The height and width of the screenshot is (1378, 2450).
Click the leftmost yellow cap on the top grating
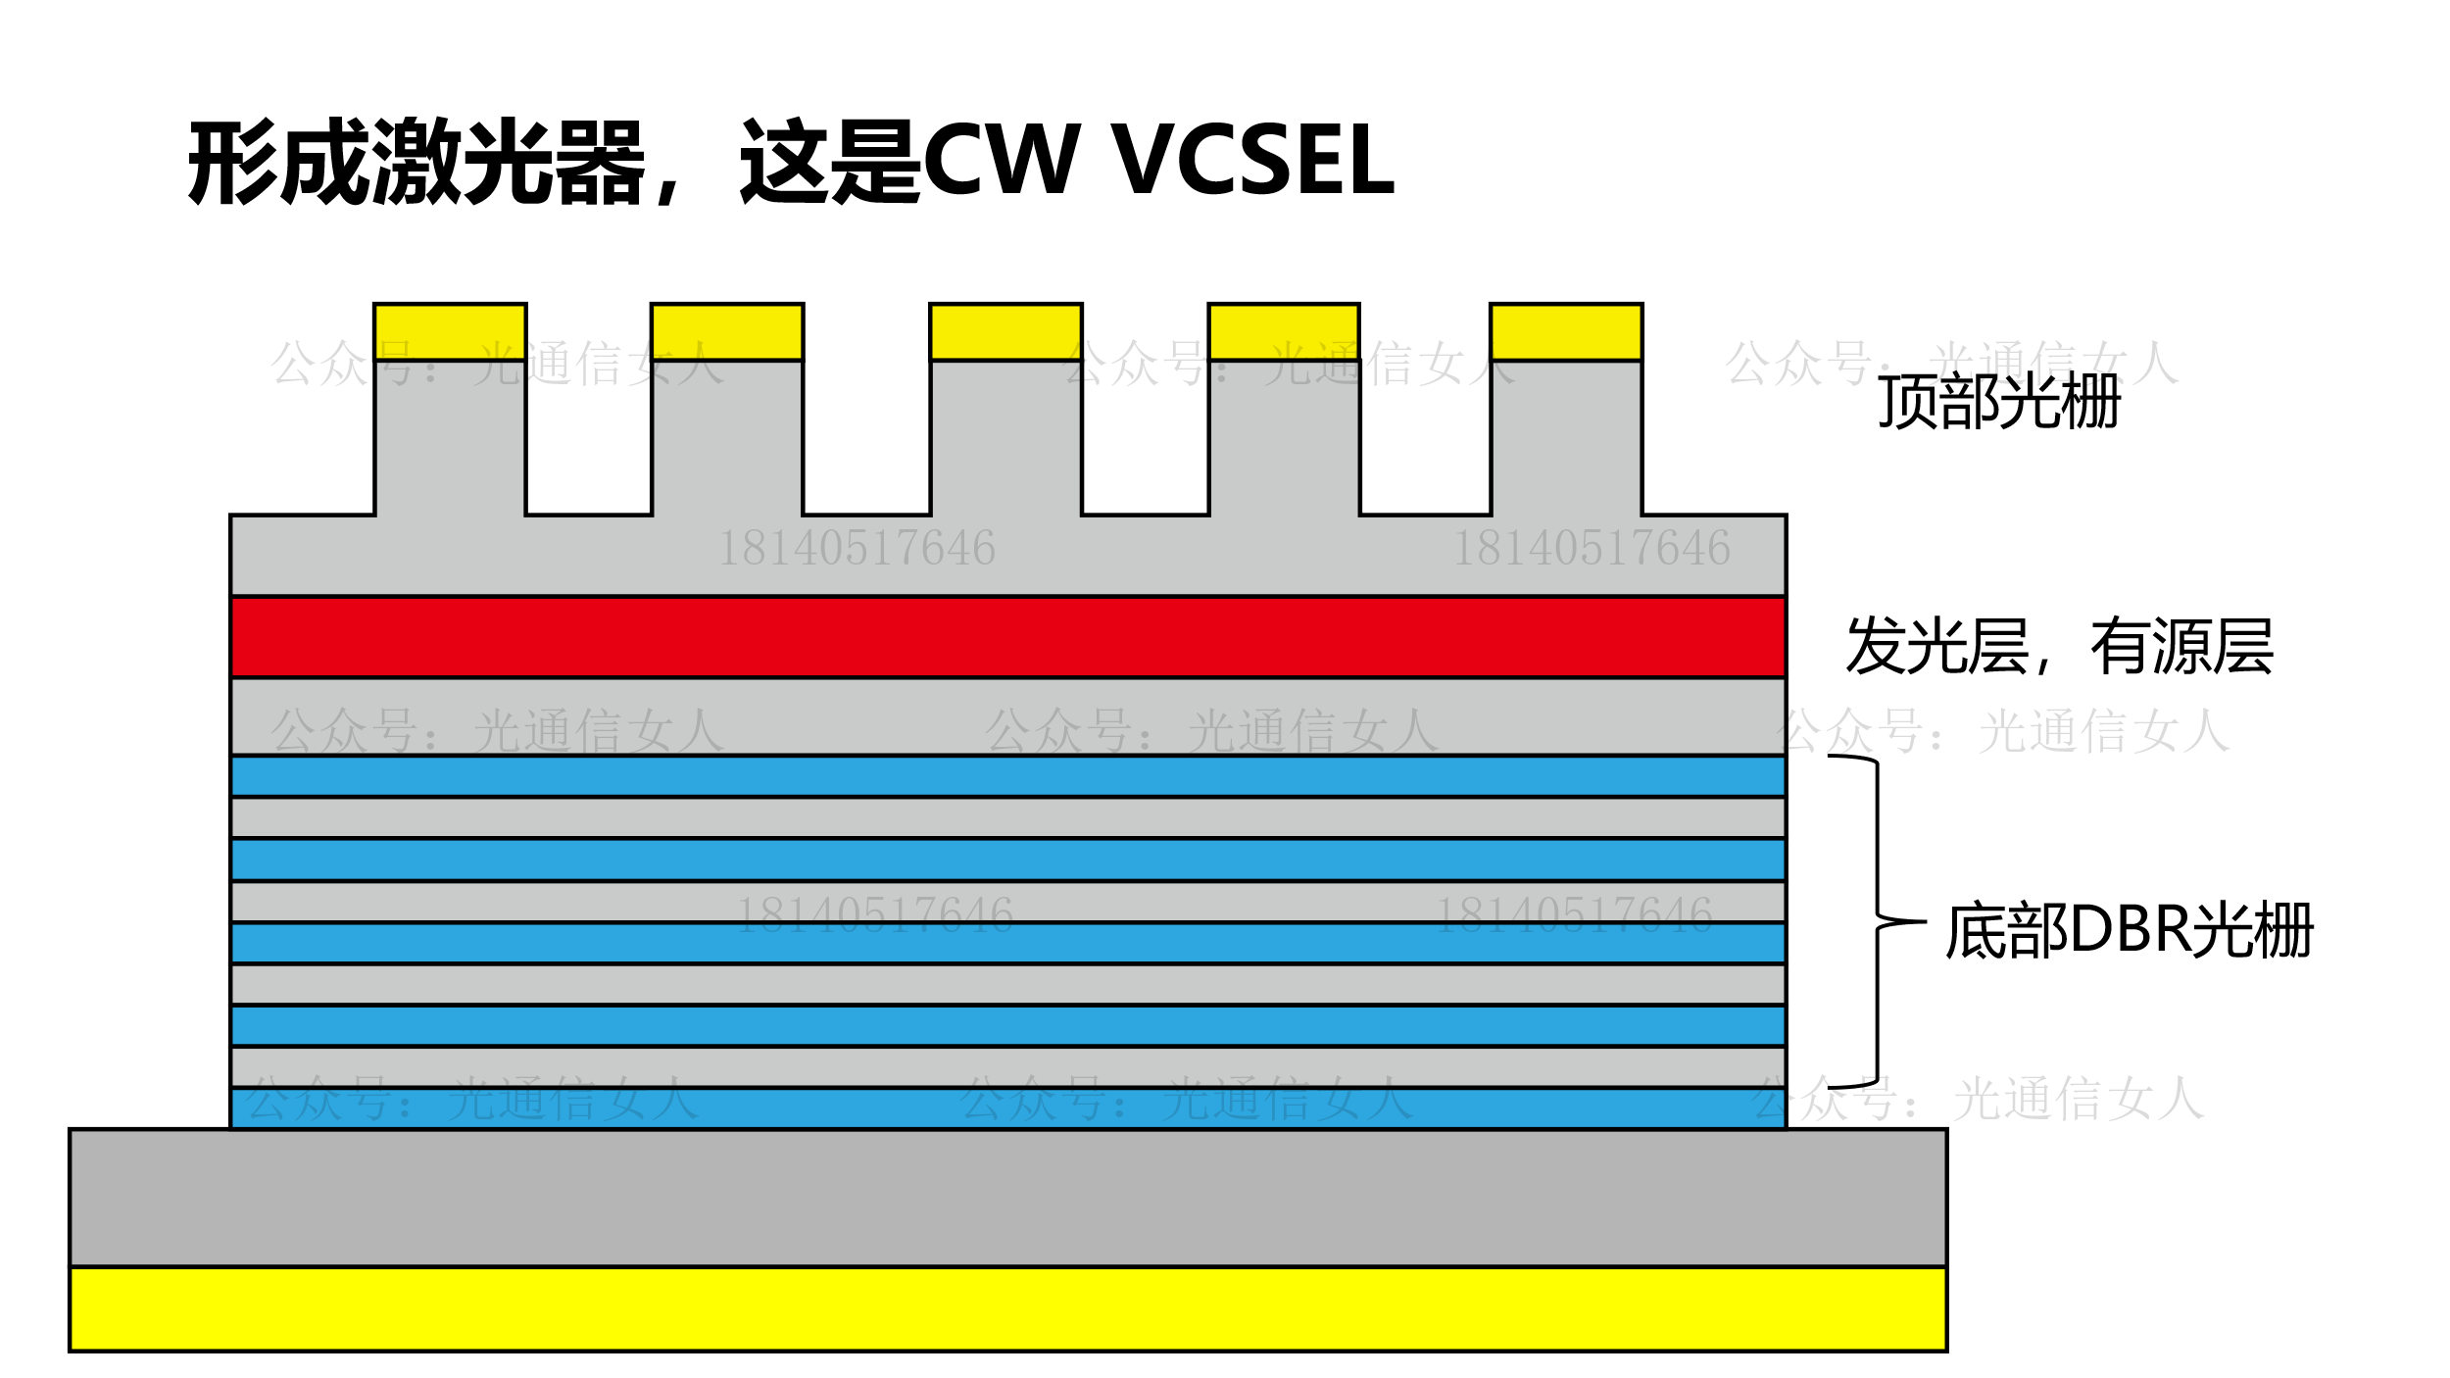point(450,332)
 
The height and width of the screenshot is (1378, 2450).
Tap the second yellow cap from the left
point(727,332)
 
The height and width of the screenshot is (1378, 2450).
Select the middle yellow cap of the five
point(1005,332)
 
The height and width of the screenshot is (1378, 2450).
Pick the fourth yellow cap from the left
point(1284,332)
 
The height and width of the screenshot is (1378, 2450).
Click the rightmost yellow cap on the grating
point(1566,332)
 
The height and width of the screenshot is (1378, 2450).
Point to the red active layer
point(1007,637)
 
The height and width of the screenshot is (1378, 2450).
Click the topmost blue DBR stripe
point(1007,776)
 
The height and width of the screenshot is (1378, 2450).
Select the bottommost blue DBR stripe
point(1007,1109)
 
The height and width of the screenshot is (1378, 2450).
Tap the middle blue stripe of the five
point(1007,943)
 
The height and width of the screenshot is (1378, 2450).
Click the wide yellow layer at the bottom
point(1007,1309)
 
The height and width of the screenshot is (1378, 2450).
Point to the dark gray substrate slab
point(1007,1198)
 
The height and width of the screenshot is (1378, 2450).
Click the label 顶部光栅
point(1999,402)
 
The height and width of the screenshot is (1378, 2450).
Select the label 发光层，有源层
point(2058,647)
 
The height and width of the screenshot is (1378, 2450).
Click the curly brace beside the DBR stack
point(1877,921)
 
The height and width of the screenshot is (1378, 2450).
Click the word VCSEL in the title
point(1254,161)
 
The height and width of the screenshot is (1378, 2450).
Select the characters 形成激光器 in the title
point(416,161)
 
